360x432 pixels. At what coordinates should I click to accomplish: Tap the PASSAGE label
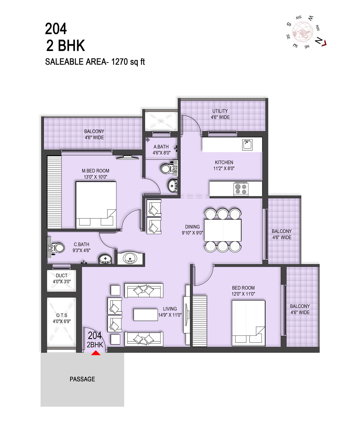tap(82, 379)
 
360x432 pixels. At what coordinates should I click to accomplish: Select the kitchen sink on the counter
tap(247, 145)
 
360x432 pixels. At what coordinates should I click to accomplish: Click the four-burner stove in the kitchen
tap(241, 189)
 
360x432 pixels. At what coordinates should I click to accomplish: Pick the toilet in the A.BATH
tap(168, 169)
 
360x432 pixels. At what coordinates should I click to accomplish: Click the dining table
tap(223, 230)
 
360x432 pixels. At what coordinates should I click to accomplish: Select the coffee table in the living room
tap(146, 315)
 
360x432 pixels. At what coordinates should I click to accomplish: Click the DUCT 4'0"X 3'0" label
tap(62, 278)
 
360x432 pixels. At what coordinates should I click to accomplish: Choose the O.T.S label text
tap(62, 315)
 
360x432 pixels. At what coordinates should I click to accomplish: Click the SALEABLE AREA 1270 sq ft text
tap(95, 62)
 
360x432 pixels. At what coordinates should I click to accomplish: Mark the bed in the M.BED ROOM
tap(96, 205)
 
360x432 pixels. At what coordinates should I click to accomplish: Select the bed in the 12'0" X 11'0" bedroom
tap(248, 323)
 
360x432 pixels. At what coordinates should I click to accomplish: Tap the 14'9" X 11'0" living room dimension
tap(170, 315)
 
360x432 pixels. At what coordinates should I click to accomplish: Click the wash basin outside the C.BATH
tap(130, 258)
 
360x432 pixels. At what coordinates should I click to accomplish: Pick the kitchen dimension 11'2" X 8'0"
tap(224, 168)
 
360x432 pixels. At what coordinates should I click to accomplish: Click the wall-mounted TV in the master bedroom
tap(127, 157)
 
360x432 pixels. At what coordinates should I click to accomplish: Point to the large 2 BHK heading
tap(65, 46)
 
